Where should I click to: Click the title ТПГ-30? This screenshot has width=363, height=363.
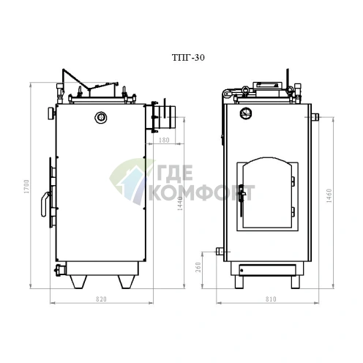click(x=188, y=58)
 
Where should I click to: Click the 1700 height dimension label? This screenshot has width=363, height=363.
click(x=26, y=187)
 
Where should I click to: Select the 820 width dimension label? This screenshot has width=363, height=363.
click(x=101, y=299)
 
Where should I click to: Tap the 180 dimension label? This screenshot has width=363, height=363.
click(x=164, y=141)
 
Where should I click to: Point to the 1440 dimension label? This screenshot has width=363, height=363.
click(x=180, y=203)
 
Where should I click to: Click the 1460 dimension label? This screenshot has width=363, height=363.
click(x=329, y=196)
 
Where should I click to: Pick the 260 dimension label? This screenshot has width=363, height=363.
click(x=198, y=267)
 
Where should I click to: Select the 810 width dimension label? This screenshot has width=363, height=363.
click(x=271, y=299)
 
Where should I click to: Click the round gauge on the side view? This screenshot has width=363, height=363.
click(x=101, y=118)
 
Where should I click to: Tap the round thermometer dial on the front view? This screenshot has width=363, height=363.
click(x=246, y=113)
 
